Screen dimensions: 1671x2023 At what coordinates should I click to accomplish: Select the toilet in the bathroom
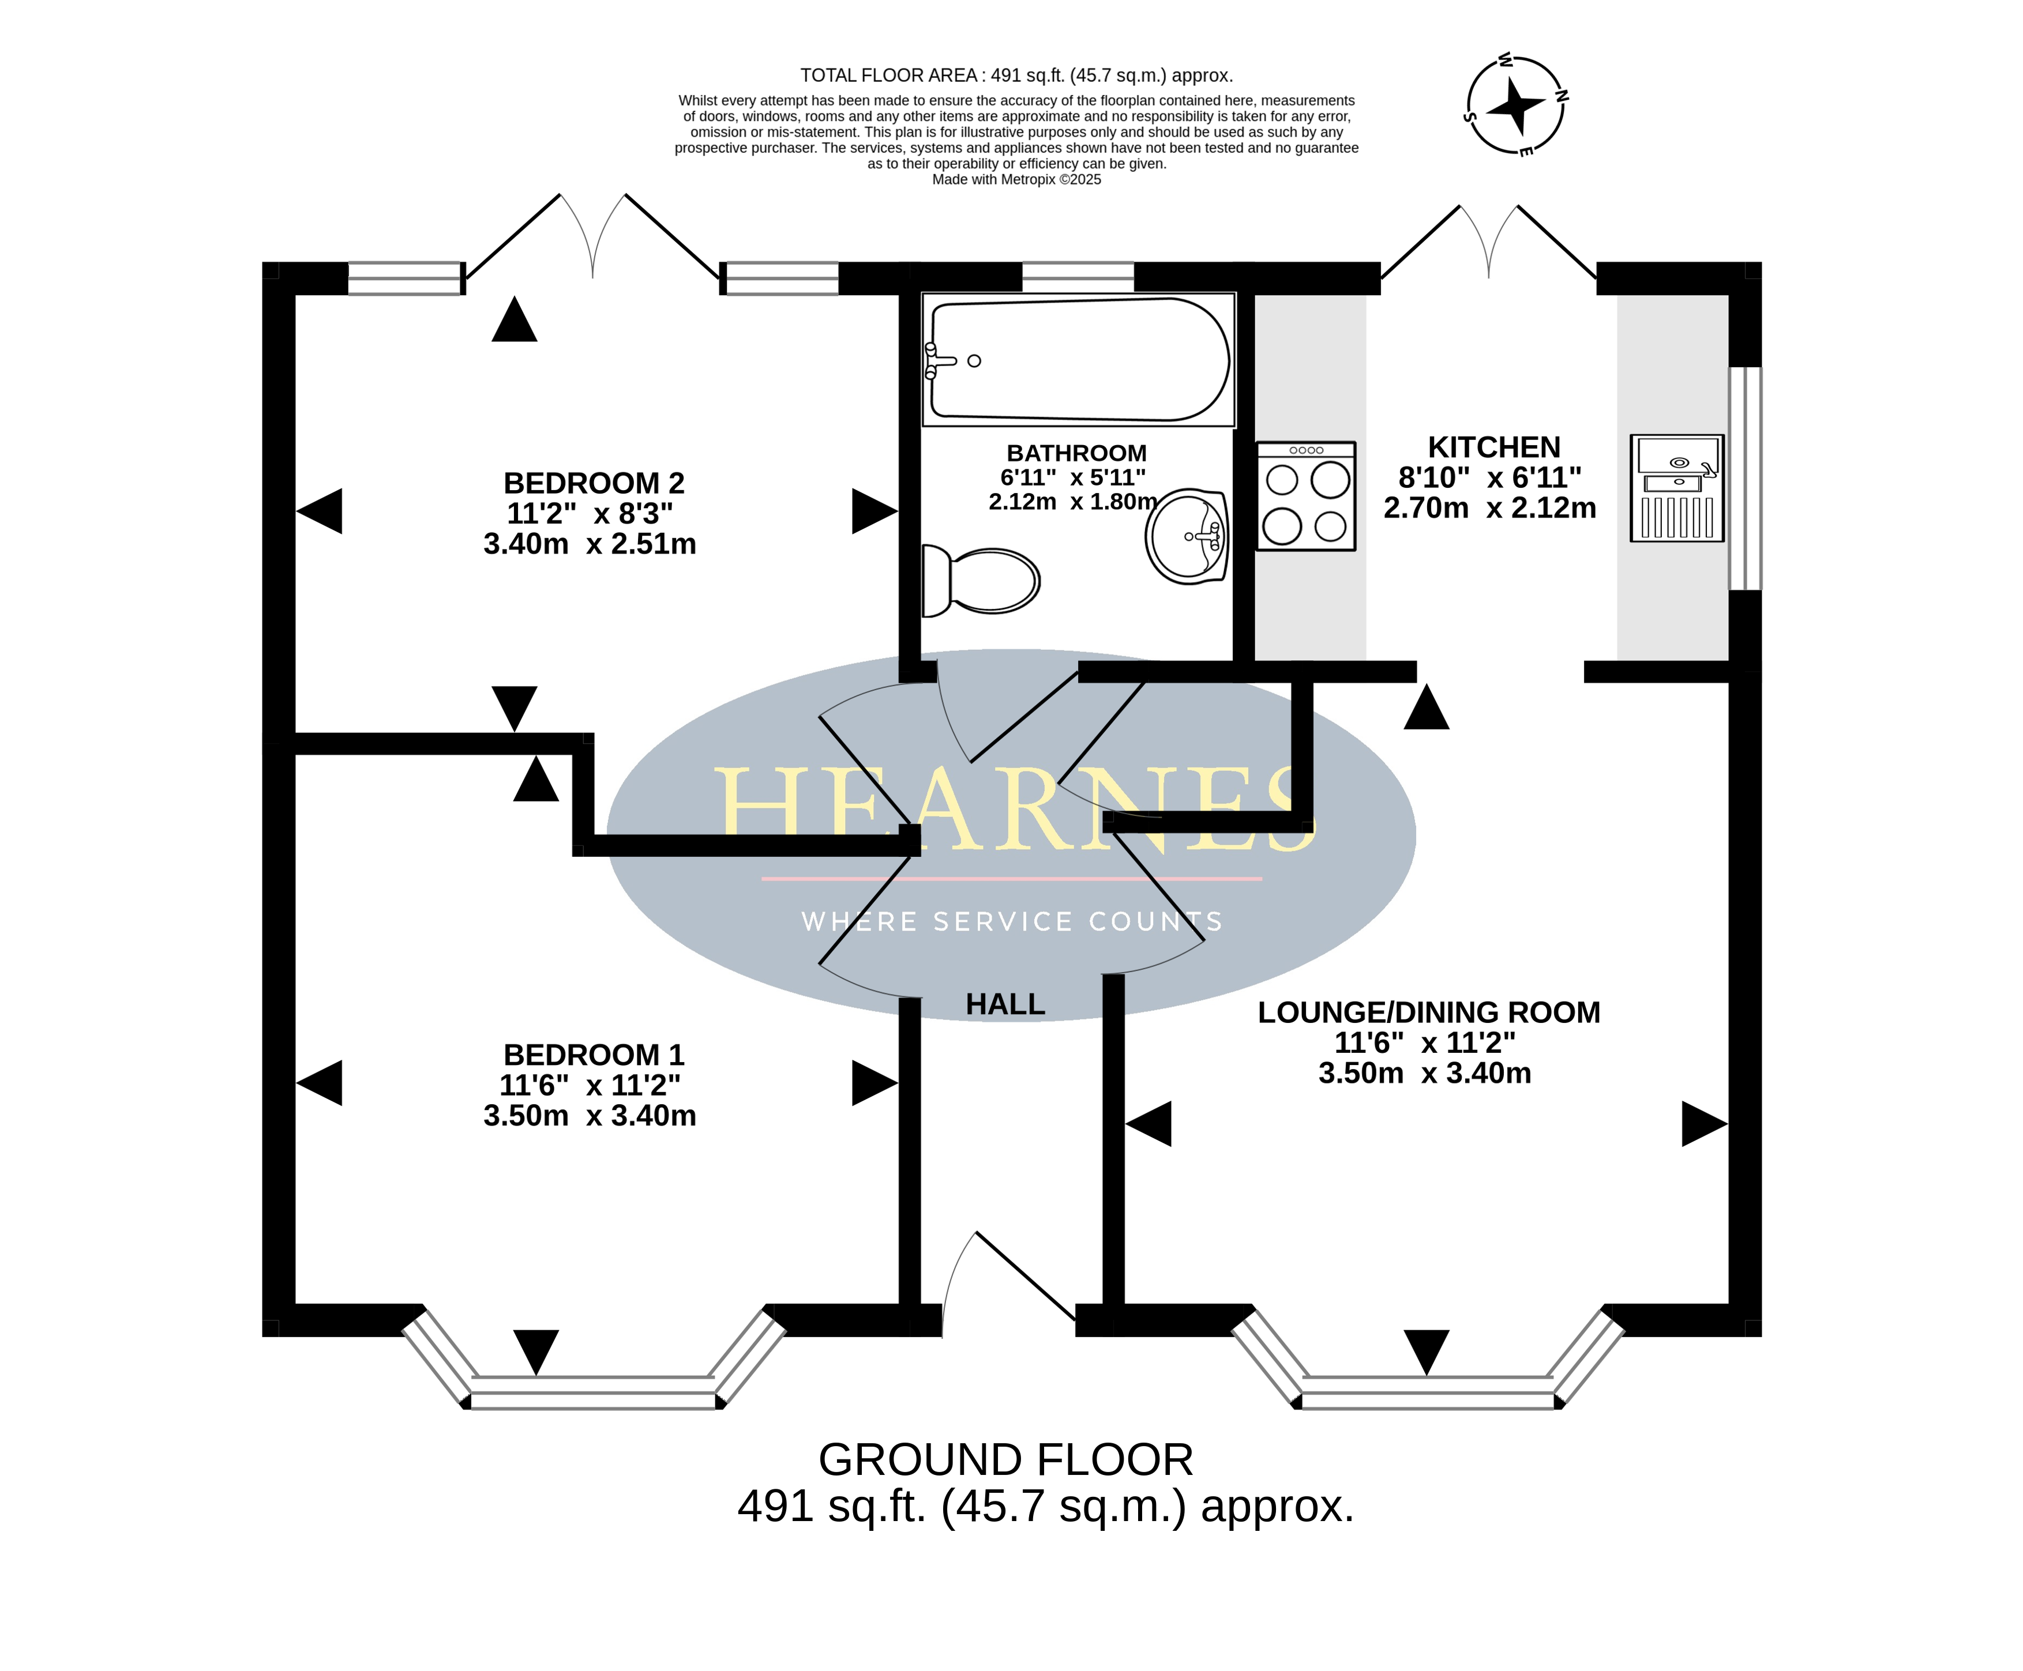[982, 581]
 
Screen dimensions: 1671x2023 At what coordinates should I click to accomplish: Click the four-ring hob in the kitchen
[1305, 496]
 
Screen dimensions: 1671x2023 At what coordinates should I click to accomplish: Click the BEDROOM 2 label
[593, 483]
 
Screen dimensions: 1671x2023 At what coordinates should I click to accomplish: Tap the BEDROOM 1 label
[593, 1055]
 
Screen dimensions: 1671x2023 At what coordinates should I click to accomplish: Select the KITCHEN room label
[1493, 447]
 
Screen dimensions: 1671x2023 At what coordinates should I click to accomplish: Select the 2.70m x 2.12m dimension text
[1489, 508]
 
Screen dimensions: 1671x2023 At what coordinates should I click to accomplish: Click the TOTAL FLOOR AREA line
[1016, 75]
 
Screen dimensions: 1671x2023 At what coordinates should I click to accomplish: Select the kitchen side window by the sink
[1745, 479]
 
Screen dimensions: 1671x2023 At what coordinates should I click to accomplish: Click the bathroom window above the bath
[1078, 277]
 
